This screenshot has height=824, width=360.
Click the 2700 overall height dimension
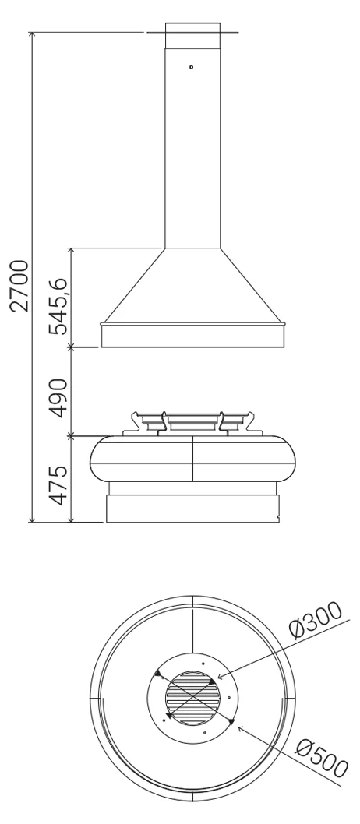(x=20, y=285)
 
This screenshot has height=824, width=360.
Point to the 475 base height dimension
(x=58, y=485)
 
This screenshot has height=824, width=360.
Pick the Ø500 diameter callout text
(x=322, y=759)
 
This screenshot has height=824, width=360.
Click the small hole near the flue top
(x=192, y=67)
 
